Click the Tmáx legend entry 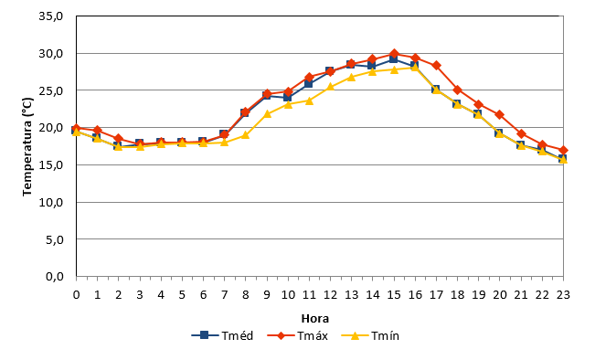coord(298,335)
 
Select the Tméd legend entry coord(222,335)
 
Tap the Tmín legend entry coord(370,335)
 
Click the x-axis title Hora coord(315,318)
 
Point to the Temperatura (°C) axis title coord(27,147)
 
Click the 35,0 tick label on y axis coord(51,16)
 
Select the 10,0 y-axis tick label coord(51,202)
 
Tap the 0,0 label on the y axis coord(54,277)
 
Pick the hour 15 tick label coord(394,295)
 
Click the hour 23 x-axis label coord(563,295)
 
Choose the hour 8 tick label coord(246,295)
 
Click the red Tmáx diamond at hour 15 coord(394,54)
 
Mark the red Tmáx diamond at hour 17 coord(436,65)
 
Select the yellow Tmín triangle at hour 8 coord(246,134)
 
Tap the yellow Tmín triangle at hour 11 coord(309,101)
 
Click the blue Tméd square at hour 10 coord(288,97)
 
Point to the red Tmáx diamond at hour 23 coord(563,150)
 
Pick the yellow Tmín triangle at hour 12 coord(330,87)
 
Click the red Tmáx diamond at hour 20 coord(500,114)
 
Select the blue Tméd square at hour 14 coord(372,65)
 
